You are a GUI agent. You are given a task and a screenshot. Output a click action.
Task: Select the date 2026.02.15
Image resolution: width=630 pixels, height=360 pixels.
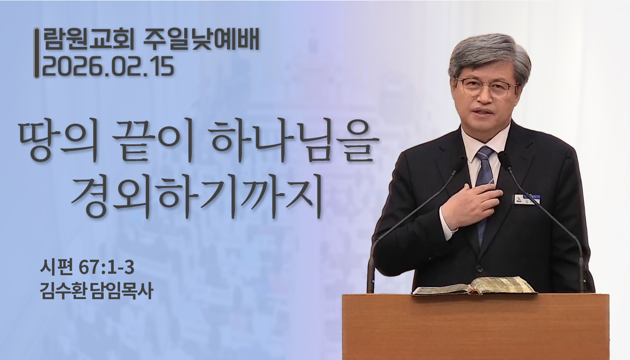(108, 67)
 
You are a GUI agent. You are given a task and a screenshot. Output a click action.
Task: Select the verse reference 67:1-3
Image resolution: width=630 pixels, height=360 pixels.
(106, 269)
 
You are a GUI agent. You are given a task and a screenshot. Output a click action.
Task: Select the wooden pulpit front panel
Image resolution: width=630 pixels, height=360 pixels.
(475, 328)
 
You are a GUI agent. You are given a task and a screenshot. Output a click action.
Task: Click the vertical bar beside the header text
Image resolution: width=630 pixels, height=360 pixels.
(37, 53)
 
